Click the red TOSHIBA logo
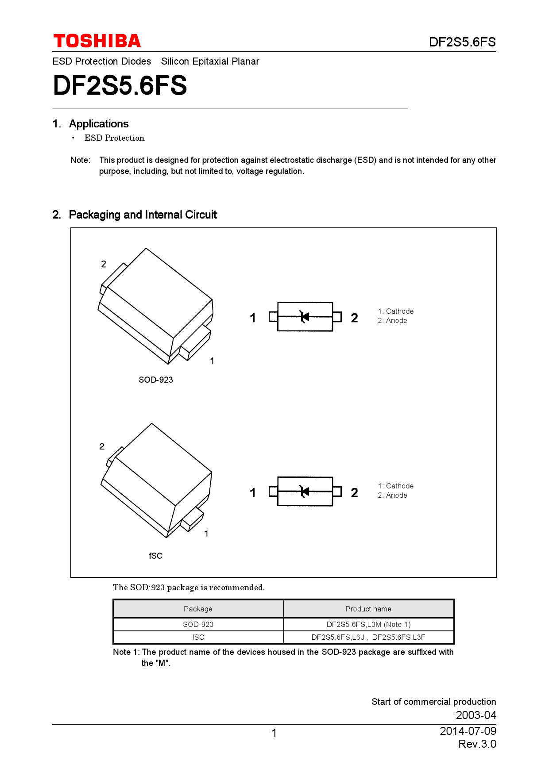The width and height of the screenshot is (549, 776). pos(97,41)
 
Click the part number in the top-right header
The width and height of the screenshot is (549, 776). pos(462,42)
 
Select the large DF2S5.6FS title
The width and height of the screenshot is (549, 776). pos(120,85)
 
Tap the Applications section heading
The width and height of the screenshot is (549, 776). pos(99,124)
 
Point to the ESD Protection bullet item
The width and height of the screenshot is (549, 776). pos(114,138)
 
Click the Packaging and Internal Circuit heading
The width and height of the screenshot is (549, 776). pos(143,215)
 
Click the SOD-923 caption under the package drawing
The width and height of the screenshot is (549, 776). pos(155,380)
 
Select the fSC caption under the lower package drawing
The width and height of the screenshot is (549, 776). pos(155,556)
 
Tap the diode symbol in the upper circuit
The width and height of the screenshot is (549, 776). pos(305,317)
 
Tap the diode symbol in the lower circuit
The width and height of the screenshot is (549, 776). pos(305,492)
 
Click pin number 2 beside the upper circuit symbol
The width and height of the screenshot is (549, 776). pos(354,318)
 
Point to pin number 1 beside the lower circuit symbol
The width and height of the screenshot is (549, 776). pos(252,493)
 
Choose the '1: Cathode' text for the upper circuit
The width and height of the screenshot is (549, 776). pos(395,311)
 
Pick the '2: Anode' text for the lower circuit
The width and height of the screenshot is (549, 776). pos(392,496)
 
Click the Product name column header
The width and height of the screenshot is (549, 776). pos(368,609)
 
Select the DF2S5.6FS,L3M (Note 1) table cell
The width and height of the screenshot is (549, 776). pos(368,625)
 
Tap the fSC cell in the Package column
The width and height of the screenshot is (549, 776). pos(198,638)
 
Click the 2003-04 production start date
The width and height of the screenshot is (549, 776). pos(476,715)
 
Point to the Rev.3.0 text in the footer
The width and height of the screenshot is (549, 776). pos(477,744)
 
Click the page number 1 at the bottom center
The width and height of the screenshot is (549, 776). pos(274,733)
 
